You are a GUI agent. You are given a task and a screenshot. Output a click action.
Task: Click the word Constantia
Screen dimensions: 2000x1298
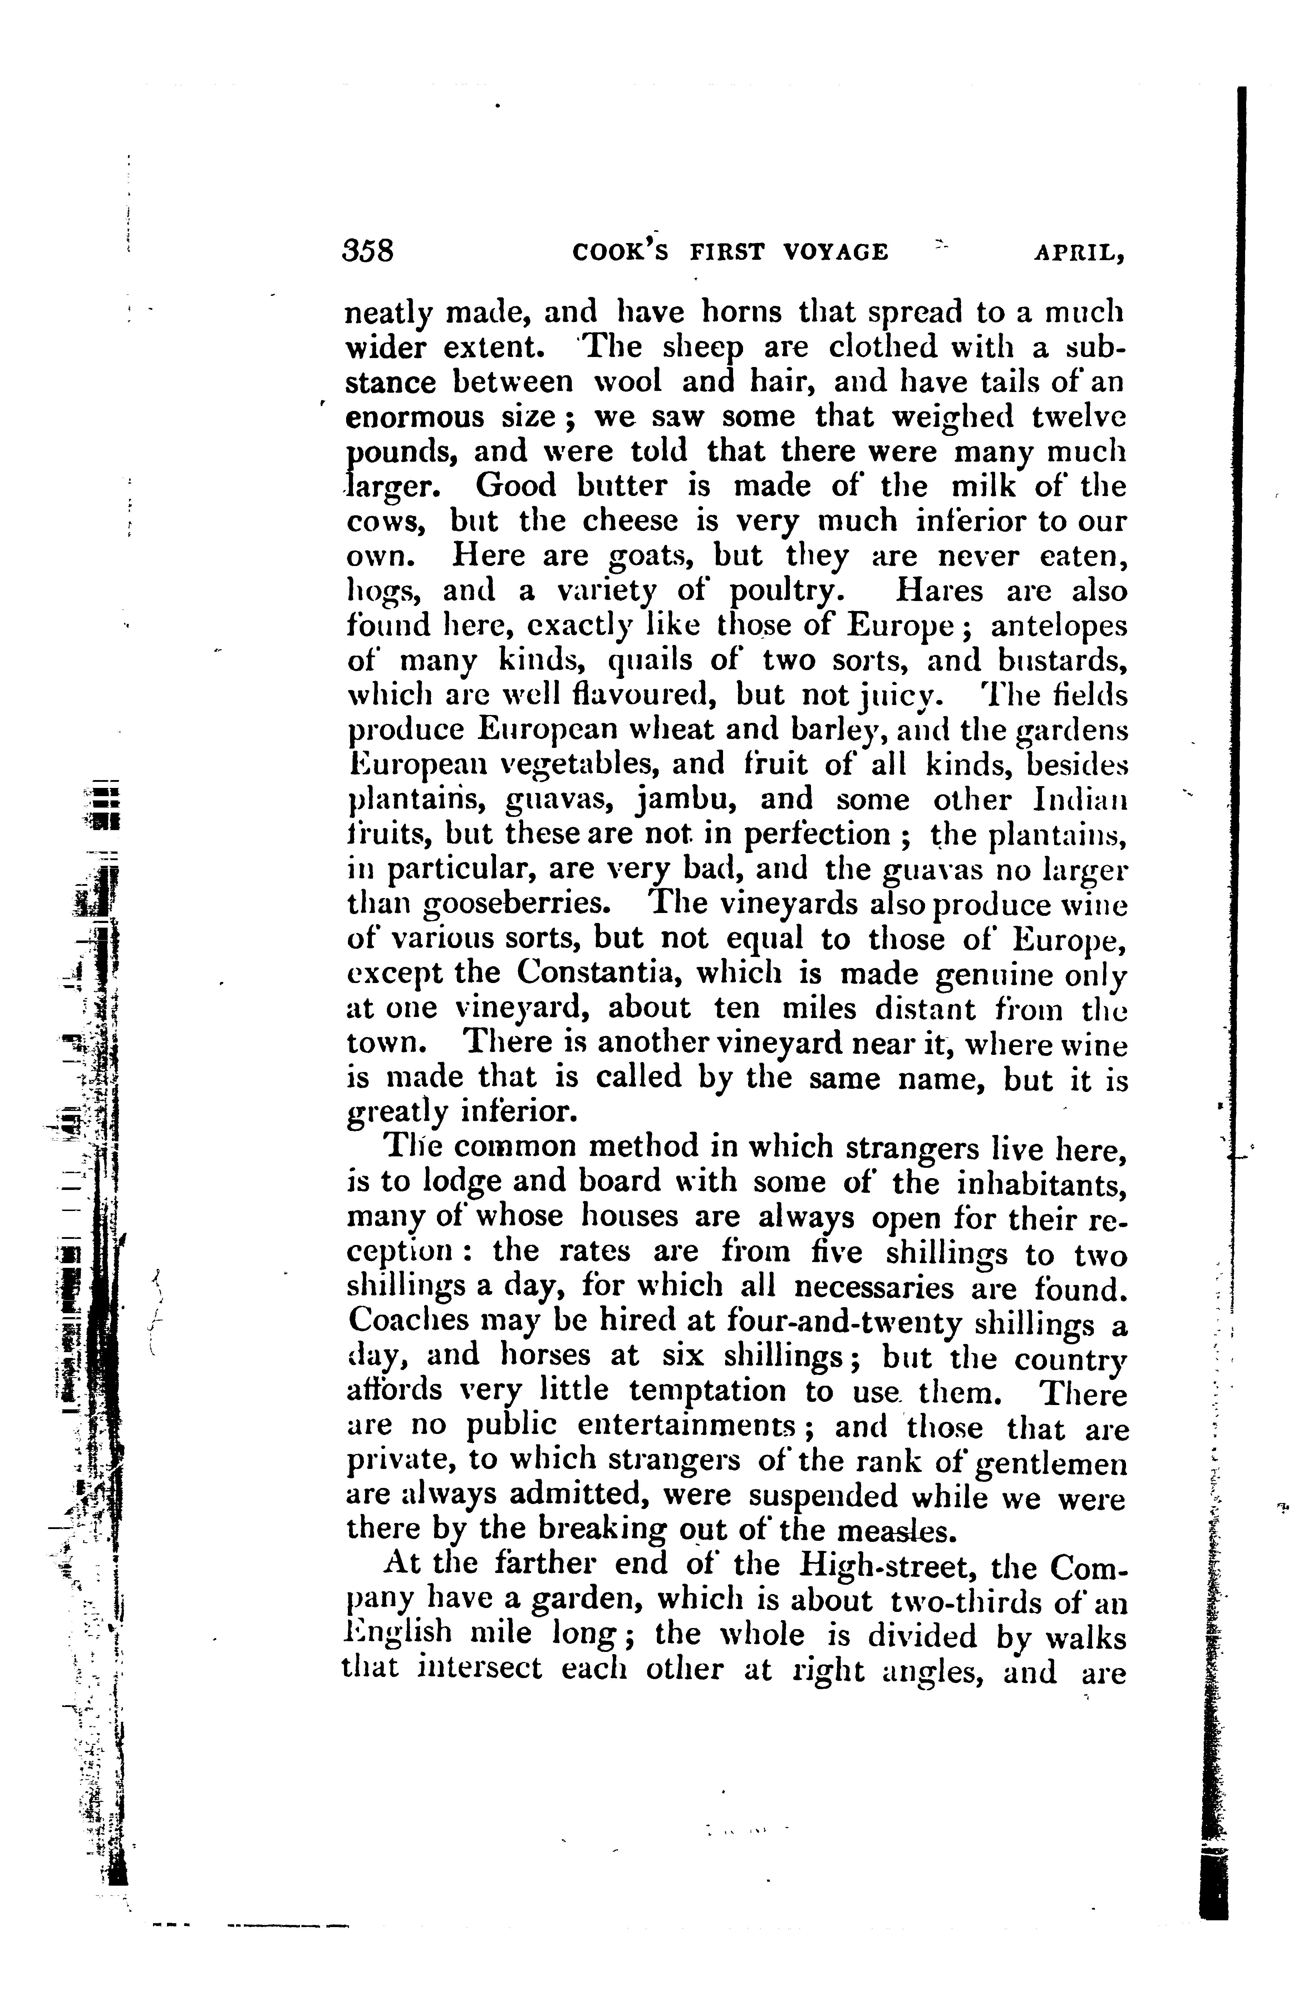pos(593,974)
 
